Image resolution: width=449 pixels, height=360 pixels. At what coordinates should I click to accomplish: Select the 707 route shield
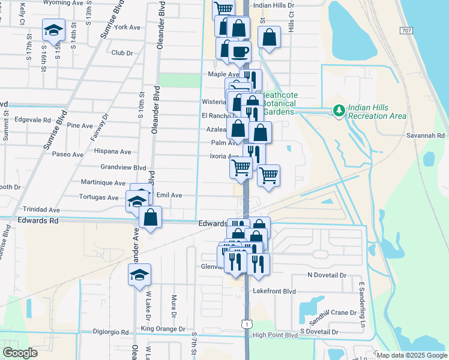406,30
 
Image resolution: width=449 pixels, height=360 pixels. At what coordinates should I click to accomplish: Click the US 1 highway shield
247,324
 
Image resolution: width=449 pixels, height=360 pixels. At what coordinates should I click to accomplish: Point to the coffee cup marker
240,52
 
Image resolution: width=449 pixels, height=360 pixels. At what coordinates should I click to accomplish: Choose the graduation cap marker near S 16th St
53,30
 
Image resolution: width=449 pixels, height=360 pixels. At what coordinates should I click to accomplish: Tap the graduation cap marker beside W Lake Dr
140,275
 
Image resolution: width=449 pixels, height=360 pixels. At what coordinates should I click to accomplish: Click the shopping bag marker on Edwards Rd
151,217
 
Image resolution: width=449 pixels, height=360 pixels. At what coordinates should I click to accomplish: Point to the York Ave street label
127,27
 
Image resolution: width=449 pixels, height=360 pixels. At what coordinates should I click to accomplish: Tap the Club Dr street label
122,52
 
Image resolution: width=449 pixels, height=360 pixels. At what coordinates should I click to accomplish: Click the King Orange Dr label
163,329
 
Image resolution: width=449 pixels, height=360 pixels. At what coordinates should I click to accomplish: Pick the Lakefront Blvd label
275,292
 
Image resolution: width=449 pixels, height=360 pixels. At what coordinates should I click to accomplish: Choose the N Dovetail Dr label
327,275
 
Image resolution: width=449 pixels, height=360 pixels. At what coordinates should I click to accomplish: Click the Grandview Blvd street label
124,167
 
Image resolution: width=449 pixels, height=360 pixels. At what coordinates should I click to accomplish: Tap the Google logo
20,353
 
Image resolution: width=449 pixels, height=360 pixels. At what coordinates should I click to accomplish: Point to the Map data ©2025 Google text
412,355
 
